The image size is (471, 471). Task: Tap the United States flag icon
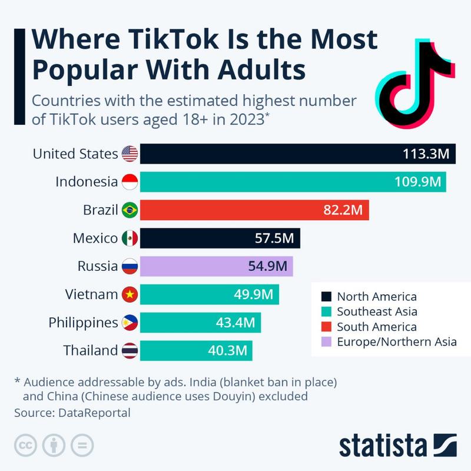pos(130,154)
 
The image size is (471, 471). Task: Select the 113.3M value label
pos(426,154)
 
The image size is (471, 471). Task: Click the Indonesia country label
pos(87,182)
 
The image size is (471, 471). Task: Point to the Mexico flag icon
pos(130,238)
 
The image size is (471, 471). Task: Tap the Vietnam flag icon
pos(130,294)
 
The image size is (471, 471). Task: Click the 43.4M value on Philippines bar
pos(234,323)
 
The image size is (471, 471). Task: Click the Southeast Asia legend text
pos(377,311)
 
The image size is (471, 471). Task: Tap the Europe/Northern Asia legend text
pos(397,341)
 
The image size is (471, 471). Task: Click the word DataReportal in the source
pos(94,413)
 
